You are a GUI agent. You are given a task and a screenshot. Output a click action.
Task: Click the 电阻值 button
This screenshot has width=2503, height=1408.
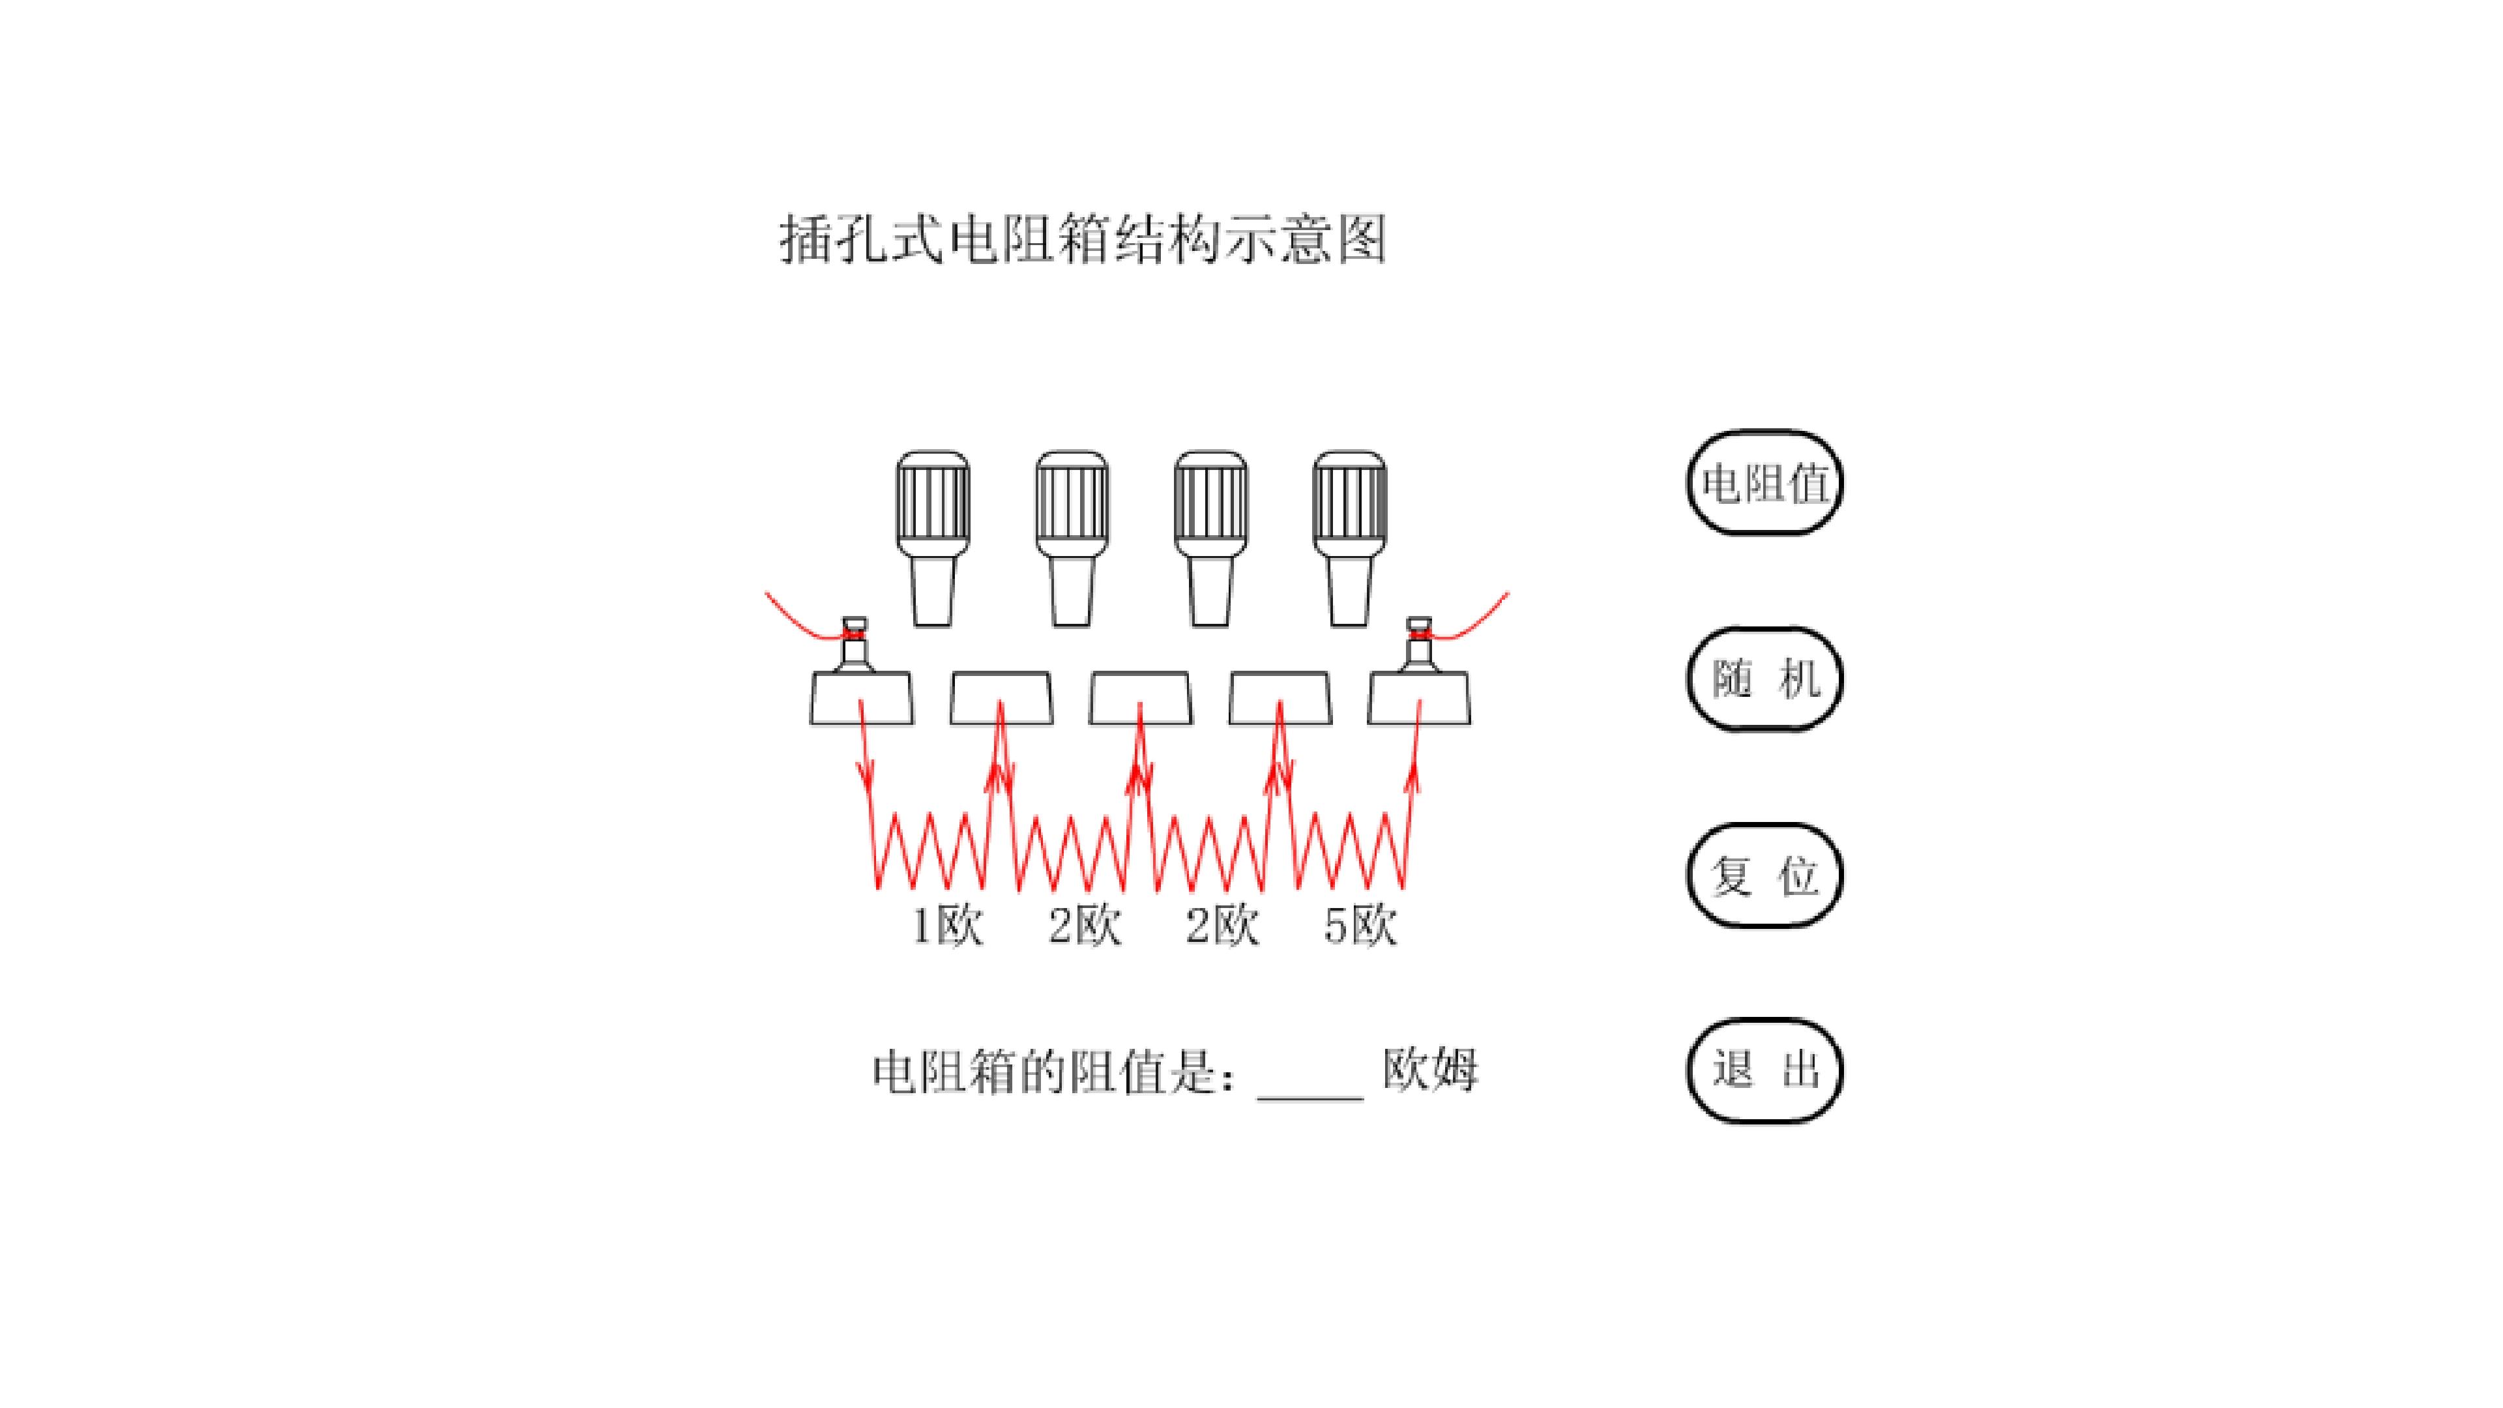click(x=1764, y=483)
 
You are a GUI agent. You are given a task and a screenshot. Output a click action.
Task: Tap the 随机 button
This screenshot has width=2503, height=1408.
click(x=1764, y=678)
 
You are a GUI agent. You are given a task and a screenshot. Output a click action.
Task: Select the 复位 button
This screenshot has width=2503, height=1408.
click(x=1764, y=875)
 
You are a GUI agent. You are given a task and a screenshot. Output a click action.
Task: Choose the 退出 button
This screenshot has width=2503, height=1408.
click(x=1764, y=1070)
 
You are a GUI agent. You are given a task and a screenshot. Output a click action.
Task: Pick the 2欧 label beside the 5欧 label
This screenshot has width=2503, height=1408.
click(x=1222, y=925)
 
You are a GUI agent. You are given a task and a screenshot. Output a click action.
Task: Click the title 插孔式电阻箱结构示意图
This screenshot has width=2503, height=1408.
click(x=1083, y=239)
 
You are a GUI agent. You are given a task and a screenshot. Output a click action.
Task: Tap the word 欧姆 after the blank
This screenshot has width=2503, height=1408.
click(x=1430, y=1070)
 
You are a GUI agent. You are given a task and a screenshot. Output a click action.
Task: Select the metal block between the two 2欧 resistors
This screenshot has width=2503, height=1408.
click(x=1141, y=697)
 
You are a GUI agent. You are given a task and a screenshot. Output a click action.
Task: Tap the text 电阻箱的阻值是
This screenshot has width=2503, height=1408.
click(x=1055, y=1071)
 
